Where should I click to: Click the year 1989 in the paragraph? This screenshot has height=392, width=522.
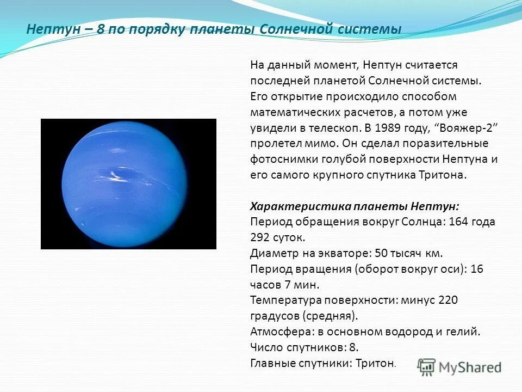[x=373, y=128]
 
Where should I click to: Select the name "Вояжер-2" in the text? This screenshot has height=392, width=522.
[x=467, y=128]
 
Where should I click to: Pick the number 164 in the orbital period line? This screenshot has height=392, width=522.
[x=453, y=222]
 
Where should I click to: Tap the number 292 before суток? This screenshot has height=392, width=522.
[x=260, y=238]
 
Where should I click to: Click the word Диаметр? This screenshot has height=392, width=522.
[x=272, y=253]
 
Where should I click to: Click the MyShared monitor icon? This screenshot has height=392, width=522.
[x=427, y=367]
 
